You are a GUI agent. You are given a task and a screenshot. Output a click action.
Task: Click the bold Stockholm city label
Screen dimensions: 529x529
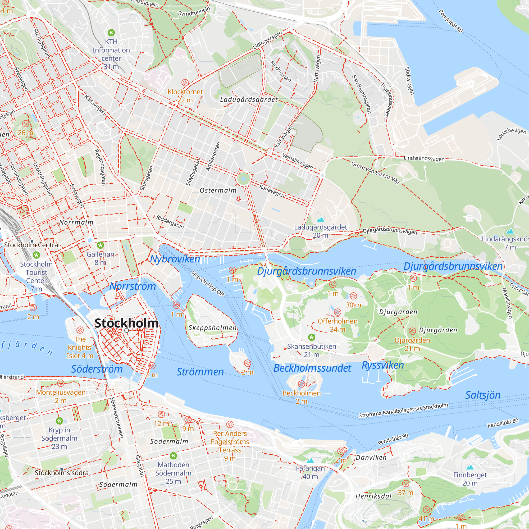[126, 323]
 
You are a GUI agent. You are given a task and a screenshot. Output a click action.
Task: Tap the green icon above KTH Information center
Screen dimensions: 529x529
[111, 33]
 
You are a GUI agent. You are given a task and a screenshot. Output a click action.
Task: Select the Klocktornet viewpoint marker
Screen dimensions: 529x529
[185, 83]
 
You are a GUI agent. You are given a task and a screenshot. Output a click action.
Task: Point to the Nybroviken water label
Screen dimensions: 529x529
[175, 259]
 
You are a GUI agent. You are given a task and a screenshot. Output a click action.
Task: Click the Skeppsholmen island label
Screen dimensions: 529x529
[212, 328]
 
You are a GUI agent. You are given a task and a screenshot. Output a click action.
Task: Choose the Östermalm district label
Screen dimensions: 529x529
[218, 190]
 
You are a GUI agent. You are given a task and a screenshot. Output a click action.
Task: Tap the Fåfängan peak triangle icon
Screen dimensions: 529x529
[310, 460]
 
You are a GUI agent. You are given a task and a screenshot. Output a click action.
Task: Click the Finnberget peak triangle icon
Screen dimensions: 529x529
[470, 467]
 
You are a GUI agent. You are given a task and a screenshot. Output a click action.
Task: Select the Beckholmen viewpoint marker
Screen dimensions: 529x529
[302, 384]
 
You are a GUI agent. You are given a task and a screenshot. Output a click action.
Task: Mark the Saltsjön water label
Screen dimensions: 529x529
[483, 395]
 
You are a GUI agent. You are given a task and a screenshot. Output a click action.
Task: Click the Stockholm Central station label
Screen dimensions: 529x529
[32, 245]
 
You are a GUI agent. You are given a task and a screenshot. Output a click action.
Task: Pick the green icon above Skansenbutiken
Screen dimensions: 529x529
[312, 337]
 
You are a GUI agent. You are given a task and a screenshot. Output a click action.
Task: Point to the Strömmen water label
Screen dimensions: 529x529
[200, 372]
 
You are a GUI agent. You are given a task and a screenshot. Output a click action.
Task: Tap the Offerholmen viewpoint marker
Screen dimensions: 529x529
[338, 312]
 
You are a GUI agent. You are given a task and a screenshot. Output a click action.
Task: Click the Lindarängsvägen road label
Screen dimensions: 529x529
[424, 158]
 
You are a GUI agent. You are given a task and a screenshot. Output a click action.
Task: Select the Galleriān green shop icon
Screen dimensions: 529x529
[101, 245]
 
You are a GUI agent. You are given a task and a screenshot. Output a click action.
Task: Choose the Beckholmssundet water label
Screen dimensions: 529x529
[312, 368]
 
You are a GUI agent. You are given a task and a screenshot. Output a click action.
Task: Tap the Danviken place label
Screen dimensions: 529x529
[371, 458]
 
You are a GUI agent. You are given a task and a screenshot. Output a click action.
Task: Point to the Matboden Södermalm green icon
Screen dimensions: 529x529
[173, 456]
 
